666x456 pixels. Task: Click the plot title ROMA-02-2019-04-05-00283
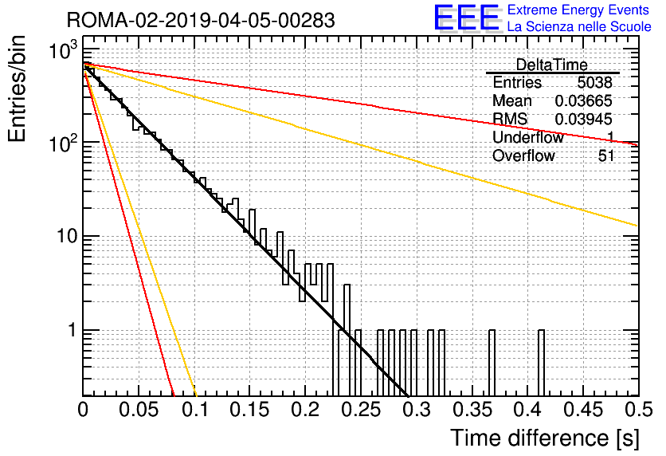point(201,20)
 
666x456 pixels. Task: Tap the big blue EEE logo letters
point(466,18)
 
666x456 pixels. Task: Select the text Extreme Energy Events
point(578,10)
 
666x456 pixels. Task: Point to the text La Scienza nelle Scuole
point(579,26)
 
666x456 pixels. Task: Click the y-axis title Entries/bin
point(17,88)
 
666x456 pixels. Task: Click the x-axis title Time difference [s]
point(545,438)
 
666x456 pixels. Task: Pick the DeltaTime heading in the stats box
point(551,65)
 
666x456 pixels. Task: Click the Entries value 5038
point(594,82)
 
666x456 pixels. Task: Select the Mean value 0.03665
point(583,100)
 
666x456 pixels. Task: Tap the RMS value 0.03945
point(583,119)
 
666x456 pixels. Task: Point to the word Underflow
point(528,137)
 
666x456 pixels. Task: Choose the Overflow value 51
point(606,155)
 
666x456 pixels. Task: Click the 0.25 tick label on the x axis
point(362,410)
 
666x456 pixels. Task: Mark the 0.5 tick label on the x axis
point(638,410)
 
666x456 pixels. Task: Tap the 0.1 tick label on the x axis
point(195,410)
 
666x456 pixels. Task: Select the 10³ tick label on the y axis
point(63,50)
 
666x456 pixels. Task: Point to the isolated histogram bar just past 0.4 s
point(541,363)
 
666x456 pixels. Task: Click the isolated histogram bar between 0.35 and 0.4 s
point(492,363)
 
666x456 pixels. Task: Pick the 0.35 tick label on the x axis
point(472,410)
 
